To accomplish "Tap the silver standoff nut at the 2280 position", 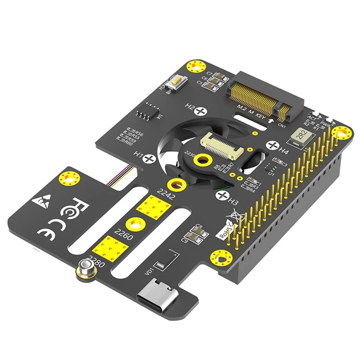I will (84, 270).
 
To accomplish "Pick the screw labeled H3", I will (222, 195).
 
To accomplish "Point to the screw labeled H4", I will (272, 145).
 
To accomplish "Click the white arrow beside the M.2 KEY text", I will (270, 121).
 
